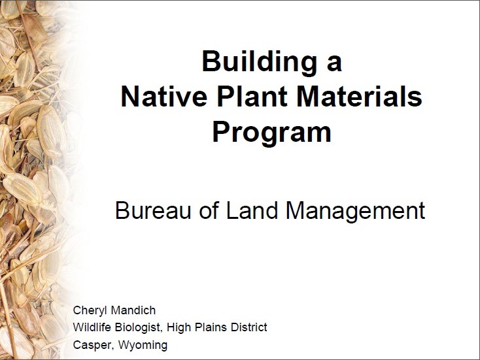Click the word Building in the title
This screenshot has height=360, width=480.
tap(254, 62)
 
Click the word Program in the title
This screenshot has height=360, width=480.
tap(271, 133)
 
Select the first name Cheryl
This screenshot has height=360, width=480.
tap(89, 310)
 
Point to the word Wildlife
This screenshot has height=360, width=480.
tap(90, 327)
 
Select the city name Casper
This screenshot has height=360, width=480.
tap(90, 345)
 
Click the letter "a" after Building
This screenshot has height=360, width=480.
tap(334, 63)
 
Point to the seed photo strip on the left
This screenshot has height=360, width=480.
tap(33, 180)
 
